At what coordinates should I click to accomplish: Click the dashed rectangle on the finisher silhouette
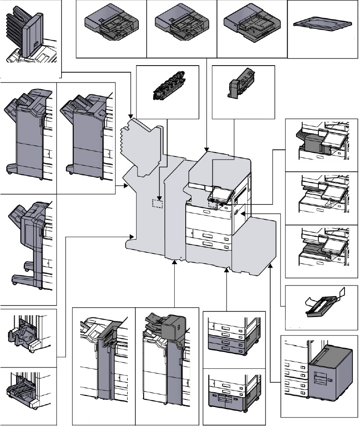coord(158,203)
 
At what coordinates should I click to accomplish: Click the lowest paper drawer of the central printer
coord(208,243)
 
